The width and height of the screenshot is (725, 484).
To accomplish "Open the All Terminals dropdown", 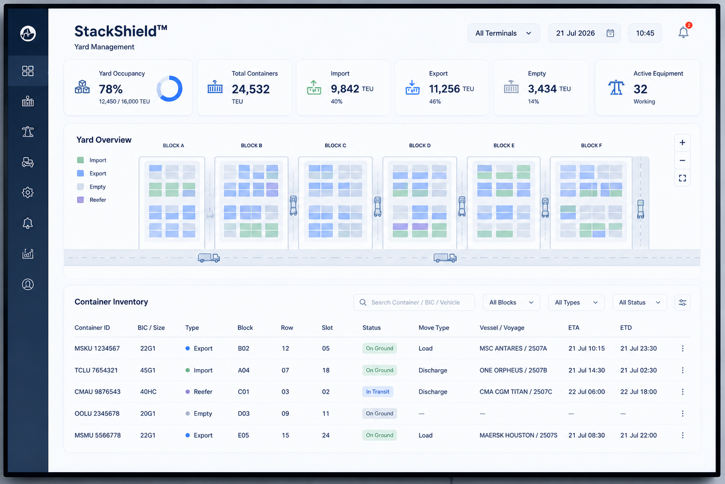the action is pos(503,33).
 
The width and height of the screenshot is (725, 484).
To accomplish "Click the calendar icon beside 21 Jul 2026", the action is pos(610,33).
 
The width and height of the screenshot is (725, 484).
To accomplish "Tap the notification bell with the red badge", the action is pos(683,32).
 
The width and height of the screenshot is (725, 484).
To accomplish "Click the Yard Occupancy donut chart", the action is pos(170,88).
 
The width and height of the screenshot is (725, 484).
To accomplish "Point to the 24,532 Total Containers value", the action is pos(250,89).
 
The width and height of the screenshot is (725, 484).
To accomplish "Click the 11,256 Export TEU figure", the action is pos(444,88).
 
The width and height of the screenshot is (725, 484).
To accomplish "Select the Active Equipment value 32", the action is pos(640,89).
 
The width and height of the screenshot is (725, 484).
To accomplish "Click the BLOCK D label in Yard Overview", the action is pos(420,146).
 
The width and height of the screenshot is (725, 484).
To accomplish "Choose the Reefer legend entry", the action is pos(92,200).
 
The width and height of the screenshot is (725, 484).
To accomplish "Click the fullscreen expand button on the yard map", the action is pos(682,178).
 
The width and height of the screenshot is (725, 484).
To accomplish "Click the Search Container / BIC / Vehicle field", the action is pos(414,302).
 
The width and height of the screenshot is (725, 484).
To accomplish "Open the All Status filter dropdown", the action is pos(640,302).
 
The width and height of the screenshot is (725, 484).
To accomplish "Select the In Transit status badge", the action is pos(378,392).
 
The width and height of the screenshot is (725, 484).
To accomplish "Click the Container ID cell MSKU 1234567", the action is pos(97,348).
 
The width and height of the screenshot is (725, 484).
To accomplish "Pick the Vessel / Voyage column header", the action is pos(502,328).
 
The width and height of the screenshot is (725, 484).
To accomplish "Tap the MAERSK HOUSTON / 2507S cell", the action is pos(519,435).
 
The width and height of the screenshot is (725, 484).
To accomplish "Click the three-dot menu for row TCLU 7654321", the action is pos(682,370).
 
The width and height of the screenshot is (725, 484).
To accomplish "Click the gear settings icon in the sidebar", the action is pos(28,192).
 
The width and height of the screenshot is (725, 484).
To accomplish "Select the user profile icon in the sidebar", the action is pos(28,284).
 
